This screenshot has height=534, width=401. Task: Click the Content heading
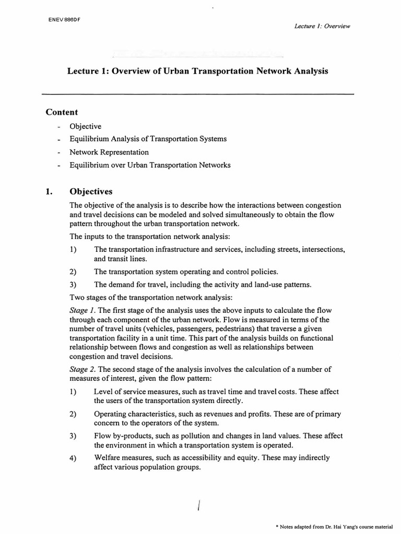62,112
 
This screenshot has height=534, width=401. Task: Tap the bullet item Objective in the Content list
86,127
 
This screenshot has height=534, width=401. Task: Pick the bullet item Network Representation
109,152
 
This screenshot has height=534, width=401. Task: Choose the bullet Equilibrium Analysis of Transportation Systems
148,139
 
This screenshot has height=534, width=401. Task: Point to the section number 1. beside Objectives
50,191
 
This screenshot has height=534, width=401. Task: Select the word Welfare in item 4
108,458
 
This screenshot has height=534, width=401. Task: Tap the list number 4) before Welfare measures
73,458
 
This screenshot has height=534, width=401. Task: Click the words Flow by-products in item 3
119,435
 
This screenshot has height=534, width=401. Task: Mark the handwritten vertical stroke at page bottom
199,506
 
